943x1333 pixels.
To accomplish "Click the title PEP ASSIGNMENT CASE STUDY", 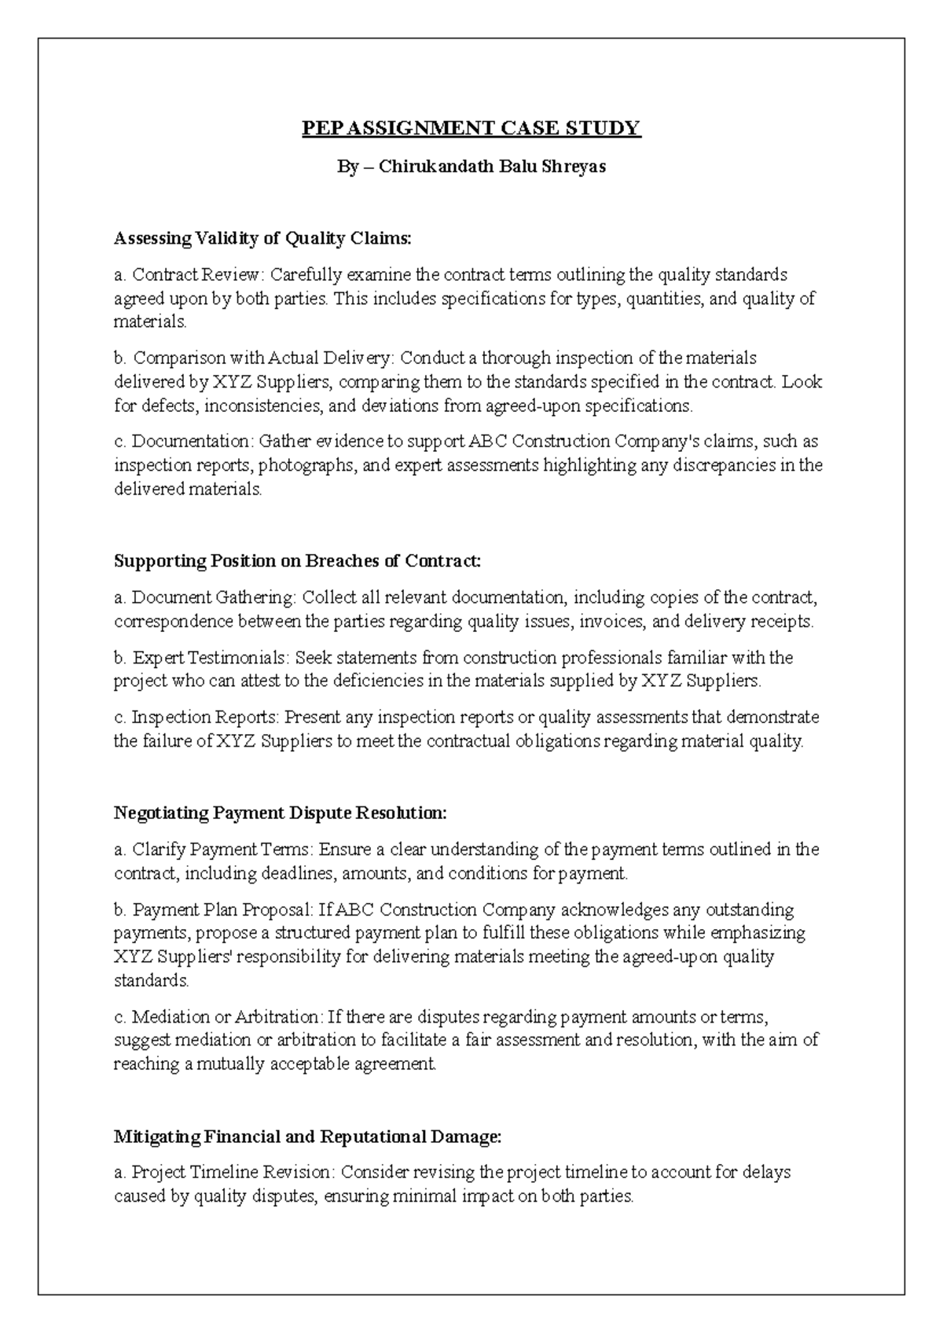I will coord(472,128).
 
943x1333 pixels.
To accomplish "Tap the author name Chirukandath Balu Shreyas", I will coord(493,167).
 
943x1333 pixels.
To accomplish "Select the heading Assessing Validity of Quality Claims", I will coord(262,238).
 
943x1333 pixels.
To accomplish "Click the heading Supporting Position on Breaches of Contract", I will coord(296,561).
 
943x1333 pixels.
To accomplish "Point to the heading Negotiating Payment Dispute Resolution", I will coord(280,813).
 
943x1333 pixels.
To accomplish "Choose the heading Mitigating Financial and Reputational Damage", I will coord(307,1137).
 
